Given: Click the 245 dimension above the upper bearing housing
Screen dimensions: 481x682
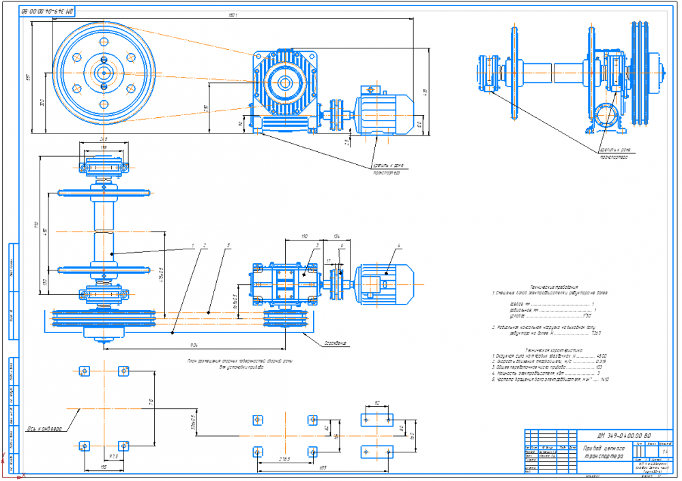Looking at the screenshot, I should pyautogui.click(x=104, y=139).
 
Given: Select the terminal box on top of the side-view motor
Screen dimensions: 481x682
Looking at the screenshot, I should pyautogui.click(x=372, y=89).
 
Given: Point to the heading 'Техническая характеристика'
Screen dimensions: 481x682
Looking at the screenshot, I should pyautogui.click(x=538, y=349).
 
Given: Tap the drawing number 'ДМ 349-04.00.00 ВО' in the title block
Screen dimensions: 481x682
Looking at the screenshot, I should pyautogui.click(x=623, y=435).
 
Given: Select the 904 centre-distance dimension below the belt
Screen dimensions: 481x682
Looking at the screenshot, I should pyautogui.click(x=194, y=345).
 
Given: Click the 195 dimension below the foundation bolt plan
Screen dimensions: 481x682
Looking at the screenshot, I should pyautogui.click(x=103, y=467).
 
